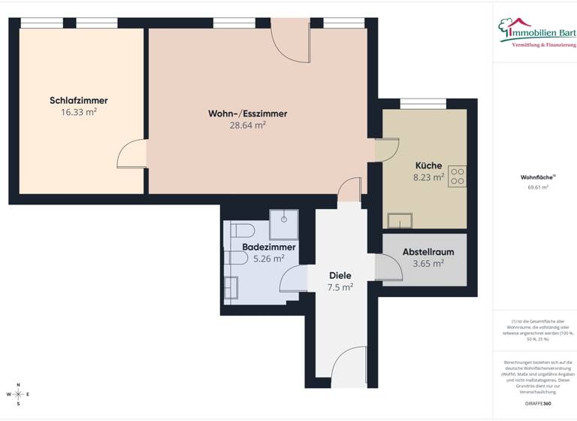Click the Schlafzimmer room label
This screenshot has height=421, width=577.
pyautogui.click(x=79, y=101)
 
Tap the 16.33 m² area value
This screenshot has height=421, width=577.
pyautogui.click(x=79, y=113)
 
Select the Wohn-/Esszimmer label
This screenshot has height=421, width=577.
pyautogui.click(x=248, y=114)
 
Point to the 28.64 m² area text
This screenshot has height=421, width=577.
pyautogui.click(x=248, y=126)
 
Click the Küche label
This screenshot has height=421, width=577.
pyautogui.click(x=428, y=165)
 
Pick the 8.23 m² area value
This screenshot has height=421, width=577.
pyautogui.click(x=429, y=177)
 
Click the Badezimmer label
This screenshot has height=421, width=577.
pyautogui.click(x=269, y=247)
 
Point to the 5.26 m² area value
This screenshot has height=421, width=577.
pyautogui.click(x=268, y=259)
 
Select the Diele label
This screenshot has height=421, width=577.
pyautogui.click(x=340, y=275)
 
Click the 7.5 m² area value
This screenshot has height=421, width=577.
pyautogui.click(x=340, y=286)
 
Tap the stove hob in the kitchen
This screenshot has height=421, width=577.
pyautogui.click(x=458, y=176)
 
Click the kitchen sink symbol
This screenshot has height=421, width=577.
pyautogui.click(x=400, y=220)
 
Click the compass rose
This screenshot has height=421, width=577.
pyautogui.click(x=19, y=394)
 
